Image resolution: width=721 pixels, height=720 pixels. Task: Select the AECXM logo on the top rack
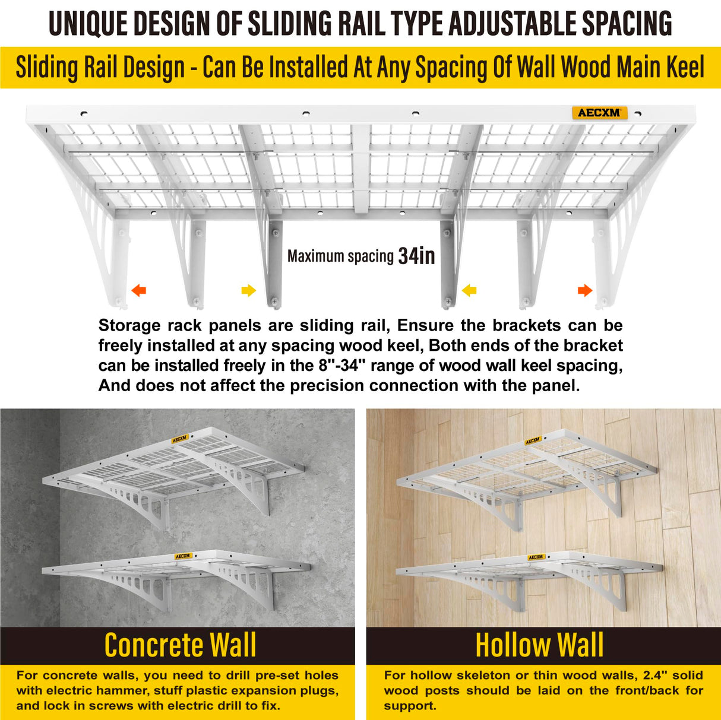(599, 113)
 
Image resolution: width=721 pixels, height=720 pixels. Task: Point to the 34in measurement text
(417, 256)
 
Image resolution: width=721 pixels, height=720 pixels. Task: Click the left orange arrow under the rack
(139, 290)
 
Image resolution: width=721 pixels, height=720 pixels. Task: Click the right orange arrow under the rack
(585, 290)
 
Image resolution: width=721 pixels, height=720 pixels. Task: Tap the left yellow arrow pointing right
(248, 290)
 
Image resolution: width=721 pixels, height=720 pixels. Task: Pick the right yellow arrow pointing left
(469, 290)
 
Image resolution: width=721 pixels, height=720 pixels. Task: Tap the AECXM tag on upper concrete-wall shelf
(180, 440)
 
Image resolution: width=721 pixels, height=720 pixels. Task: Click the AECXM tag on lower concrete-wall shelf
(183, 556)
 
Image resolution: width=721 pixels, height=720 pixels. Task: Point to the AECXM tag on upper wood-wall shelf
(532, 441)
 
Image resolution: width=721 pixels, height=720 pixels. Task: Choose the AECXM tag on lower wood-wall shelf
(536, 557)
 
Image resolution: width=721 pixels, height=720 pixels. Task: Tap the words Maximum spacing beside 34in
(340, 256)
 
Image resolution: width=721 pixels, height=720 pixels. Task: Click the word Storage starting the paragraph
(129, 325)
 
